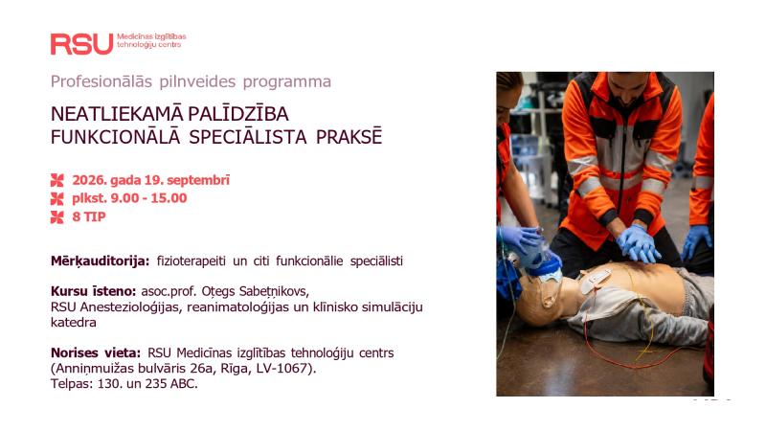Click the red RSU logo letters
(81, 44)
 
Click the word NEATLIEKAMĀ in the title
(117, 114)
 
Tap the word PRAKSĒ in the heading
(349, 137)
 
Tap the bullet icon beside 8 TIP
(57, 217)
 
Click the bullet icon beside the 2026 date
(57, 180)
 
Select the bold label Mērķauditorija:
(101, 261)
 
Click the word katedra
(74, 323)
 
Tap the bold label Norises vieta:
(96, 352)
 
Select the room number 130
(109, 384)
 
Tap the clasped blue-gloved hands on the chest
(638, 242)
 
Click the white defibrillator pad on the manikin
(594, 281)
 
